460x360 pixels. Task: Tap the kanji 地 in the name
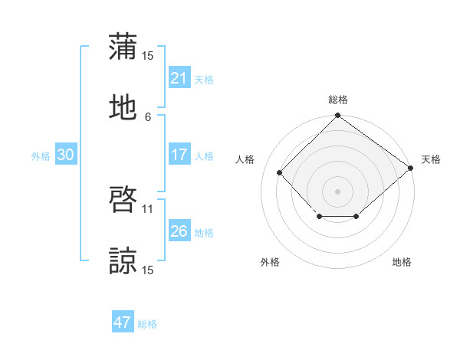tap(123, 106)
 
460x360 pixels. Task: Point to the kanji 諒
tap(123, 260)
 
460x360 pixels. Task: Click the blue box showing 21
tap(179, 78)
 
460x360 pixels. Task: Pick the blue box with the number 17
tap(179, 155)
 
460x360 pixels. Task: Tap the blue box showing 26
tap(179, 231)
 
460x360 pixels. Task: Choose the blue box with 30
tap(65, 155)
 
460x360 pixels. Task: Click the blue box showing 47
tap(122, 322)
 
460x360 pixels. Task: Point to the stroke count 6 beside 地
tap(148, 116)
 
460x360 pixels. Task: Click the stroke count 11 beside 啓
tap(148, 208)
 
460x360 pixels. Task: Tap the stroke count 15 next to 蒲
tap(148, 55)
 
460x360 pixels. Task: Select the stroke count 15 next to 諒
tap(148, 270)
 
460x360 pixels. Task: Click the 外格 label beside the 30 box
tap(41, 155)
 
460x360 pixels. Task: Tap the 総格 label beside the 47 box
tap(147, 324)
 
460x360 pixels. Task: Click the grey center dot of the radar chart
tap(337, 191)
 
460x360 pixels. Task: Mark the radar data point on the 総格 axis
tap(337, 116)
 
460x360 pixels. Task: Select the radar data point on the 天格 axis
tap(410, 168)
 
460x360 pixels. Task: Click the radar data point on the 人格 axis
tap(280, 172)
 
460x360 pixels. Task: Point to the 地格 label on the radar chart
tap(402, 262)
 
